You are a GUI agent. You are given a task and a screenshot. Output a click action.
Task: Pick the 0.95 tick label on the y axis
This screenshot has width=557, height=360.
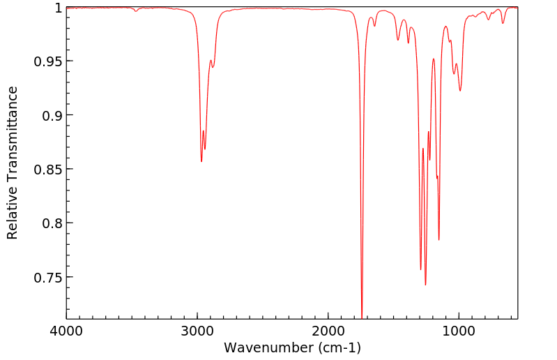click(x=47, y=61)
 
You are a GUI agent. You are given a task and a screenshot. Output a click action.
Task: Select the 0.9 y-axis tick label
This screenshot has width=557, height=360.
click(x=51, y=115)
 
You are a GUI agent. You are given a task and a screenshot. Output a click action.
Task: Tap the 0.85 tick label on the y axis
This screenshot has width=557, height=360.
click(x=47, y=170)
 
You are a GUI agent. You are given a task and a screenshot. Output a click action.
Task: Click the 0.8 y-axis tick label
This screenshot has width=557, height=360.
click(x=51, y=223)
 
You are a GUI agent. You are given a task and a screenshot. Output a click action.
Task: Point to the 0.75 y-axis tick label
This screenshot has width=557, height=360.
click(x=47, y=278)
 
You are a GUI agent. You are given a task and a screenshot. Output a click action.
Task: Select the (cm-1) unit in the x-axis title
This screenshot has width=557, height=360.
click(x=339, y=347)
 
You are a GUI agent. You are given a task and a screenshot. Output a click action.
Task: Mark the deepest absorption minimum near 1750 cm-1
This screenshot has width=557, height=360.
click(x=362, y=315)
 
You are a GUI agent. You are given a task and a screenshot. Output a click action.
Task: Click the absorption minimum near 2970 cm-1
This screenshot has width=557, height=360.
click(x=201, y=161)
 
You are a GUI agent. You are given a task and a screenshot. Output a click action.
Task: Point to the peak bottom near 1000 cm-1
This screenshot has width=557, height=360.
click(x=460, y=91)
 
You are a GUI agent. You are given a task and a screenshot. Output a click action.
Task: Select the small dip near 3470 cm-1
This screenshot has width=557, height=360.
click(x=136, y=11)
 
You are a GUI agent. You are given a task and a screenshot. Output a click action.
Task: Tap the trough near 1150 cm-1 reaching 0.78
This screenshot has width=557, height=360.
click(x=439, y=240)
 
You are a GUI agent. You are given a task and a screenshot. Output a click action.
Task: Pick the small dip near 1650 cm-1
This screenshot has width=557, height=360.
click(x=374, y=27)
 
